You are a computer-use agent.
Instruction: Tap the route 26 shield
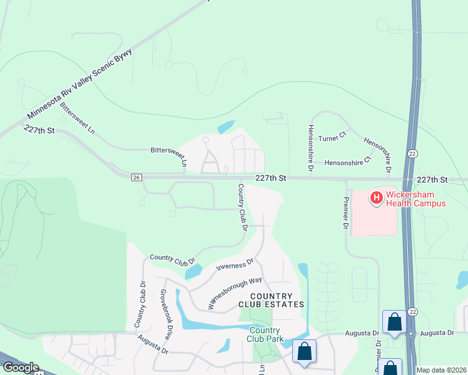pyautogui.click(x=136, y=178)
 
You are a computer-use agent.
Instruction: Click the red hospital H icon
pyautogui.click(x=377, y=199)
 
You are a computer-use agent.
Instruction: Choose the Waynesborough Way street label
pyautogui.click(x=235, y=292)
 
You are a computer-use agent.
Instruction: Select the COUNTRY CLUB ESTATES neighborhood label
pyautogui.click(x=271, y=300)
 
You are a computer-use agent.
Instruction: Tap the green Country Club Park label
pyautogui.click(x=264, y=334)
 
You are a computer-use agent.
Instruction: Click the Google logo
pyautogui.click(x=20, y=367)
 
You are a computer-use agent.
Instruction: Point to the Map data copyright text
pyautogui.click(x=442, y=370)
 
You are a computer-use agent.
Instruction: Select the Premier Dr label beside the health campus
pyautogui.click(x=345, y=212)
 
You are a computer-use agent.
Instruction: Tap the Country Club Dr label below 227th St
pyautogui.click(x=242, y=206)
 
